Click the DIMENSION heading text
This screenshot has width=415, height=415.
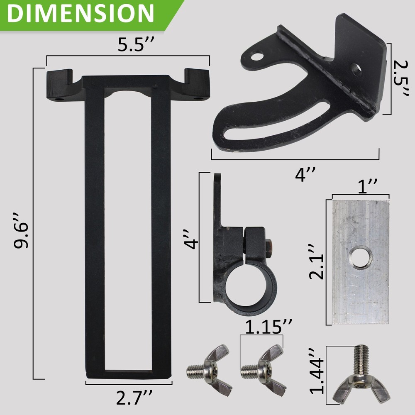coord(81,14)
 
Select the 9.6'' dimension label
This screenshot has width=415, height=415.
coord(21,230)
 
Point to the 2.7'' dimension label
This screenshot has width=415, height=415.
coord(134,398)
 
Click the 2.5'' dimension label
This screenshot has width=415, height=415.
coord(401,79)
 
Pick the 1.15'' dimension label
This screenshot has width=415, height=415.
coord(269,327)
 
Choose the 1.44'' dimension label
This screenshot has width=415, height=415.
coord(317,371)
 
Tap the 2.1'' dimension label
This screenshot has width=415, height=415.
coord(316,261)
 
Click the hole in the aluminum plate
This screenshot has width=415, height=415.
coord(360,258)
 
